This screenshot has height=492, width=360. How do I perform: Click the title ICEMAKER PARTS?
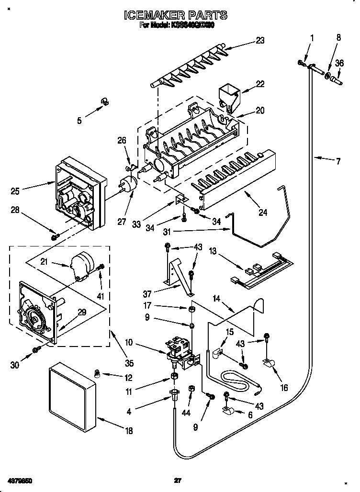(x=175, y=16)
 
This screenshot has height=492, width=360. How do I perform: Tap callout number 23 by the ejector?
(x=259, y=41)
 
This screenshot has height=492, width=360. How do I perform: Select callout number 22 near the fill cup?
(x=259, y=84)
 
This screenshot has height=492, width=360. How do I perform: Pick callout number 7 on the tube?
(x=338, y=161)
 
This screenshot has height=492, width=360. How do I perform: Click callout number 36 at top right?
(x=339, y=62)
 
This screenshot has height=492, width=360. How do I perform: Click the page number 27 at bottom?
(x=178, y=480)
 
